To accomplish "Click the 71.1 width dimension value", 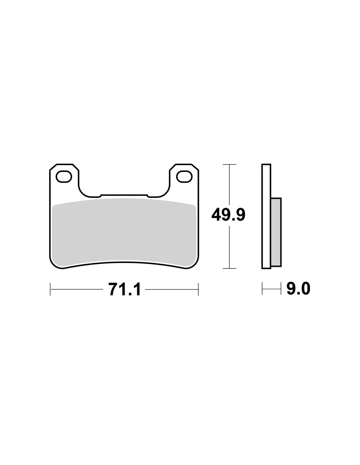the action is point(124,289).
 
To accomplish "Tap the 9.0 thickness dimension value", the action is point(298,289).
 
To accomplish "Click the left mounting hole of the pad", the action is point(63,177).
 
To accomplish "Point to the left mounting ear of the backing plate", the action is point(64,178).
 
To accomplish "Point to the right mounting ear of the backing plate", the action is point(184,178).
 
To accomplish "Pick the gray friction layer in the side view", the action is point(276,232).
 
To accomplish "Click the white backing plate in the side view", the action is point(266,216).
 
